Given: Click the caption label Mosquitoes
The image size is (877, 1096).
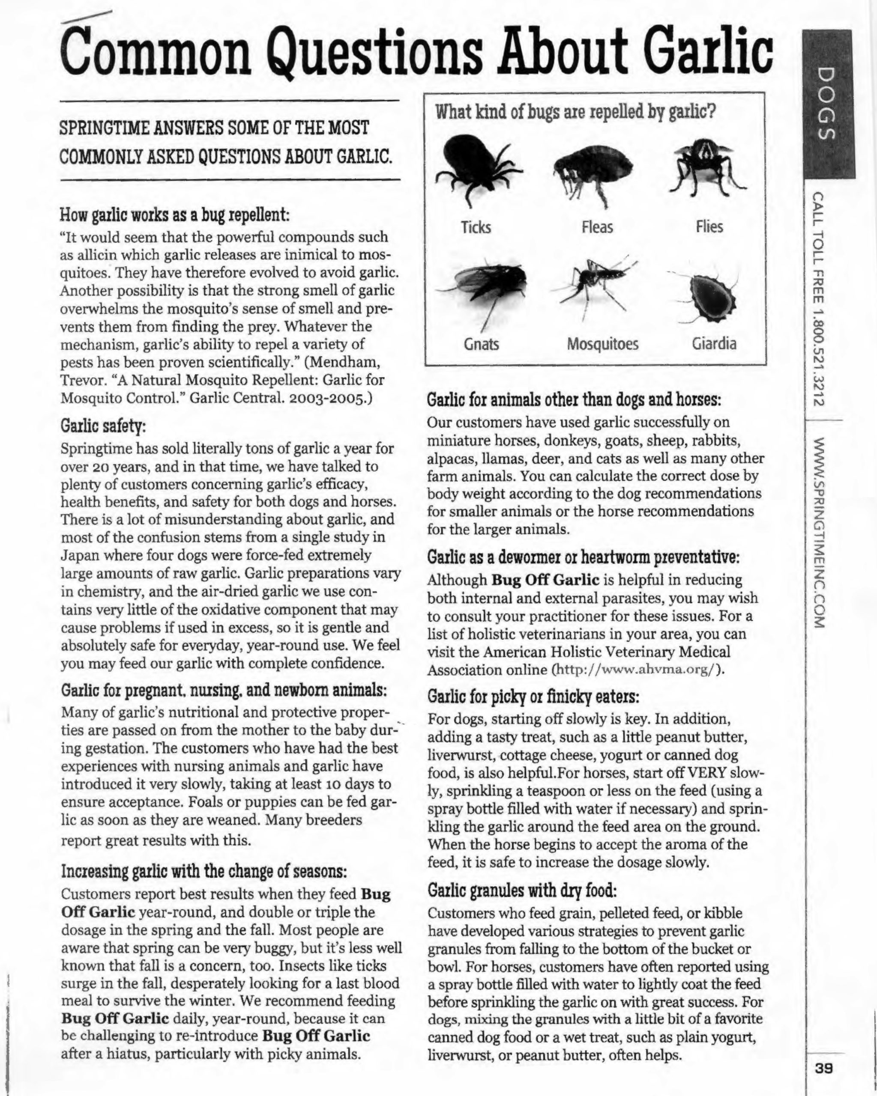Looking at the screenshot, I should (x=602, y=344).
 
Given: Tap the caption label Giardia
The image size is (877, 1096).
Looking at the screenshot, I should (x=714, y=344).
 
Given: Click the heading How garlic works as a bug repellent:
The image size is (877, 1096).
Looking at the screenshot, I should (x=174, y=215).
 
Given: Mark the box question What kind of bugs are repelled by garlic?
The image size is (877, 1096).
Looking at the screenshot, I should (x=575, y=112).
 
